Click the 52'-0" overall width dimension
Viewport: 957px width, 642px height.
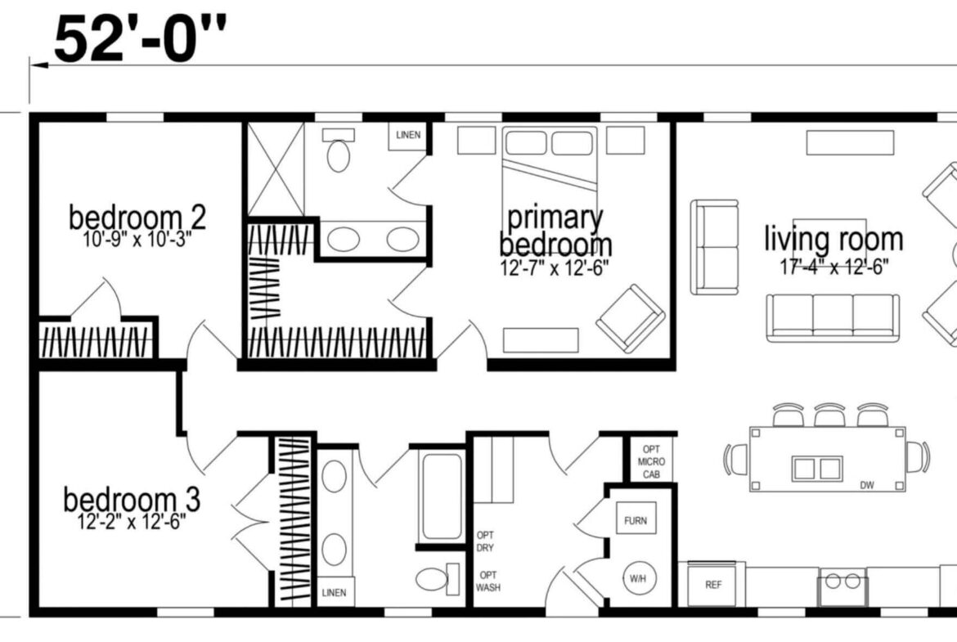coord(140,39)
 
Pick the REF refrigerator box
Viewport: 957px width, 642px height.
coord(713,584)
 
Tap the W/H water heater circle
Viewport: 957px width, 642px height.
coord(639,578)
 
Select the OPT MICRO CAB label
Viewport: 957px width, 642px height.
coord(651,462)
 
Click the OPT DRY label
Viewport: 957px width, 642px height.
coord(485,541)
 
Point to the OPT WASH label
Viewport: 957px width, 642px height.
coord(487,581)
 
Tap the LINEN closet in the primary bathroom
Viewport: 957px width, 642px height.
coord(407,136)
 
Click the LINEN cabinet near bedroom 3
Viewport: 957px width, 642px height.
coord(335,592)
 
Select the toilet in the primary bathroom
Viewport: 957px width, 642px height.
coord(339,150)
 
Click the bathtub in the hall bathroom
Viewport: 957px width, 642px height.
coord(442,496)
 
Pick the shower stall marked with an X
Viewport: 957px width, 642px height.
coord(276,169)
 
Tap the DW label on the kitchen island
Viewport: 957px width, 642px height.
coord(867,485)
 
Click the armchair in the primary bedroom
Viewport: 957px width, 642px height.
coord(631,318)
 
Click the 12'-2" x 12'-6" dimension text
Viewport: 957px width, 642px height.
coord(132,523)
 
